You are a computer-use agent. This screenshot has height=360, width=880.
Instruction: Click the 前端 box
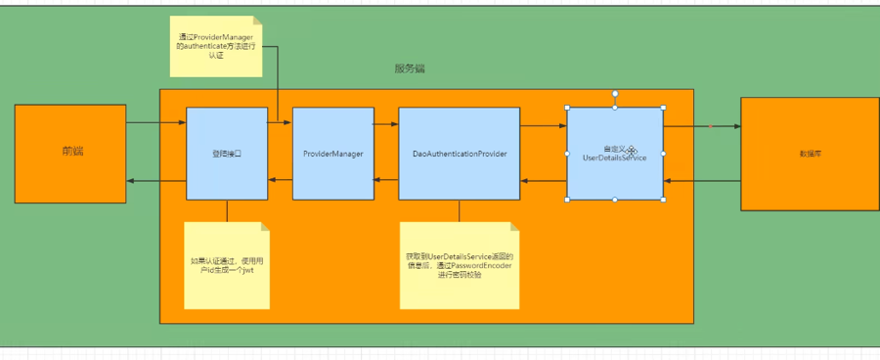click(70, 154)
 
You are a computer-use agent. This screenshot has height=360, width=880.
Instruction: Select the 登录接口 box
click(227, 154)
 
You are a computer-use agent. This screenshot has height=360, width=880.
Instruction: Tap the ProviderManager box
click(332, 154)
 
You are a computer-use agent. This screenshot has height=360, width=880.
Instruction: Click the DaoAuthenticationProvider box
click(460, 154)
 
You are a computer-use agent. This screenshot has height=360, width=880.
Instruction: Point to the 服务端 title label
click(410, 69)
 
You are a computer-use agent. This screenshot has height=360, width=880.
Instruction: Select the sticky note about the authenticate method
click(215, 46)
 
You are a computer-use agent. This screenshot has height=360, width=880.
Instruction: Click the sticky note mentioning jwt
click(227, 265)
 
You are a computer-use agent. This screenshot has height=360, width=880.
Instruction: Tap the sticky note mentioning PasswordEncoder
click(460, 265)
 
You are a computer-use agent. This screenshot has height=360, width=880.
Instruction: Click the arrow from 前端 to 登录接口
click(156, 123)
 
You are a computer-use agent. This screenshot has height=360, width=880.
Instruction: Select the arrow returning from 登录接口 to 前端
click(156, 181)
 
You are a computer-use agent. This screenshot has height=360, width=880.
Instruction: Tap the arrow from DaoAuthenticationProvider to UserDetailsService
click(544, 126)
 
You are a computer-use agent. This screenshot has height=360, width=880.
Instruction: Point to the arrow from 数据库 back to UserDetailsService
click(702, 181)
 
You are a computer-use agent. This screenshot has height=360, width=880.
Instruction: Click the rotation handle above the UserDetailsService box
click(615, 93)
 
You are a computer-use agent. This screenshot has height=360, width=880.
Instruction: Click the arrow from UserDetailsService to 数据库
click(702, 126)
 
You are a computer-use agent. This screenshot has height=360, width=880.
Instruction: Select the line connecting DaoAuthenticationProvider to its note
click(460, 211)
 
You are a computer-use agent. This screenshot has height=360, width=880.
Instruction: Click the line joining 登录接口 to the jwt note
click(227, 211)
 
